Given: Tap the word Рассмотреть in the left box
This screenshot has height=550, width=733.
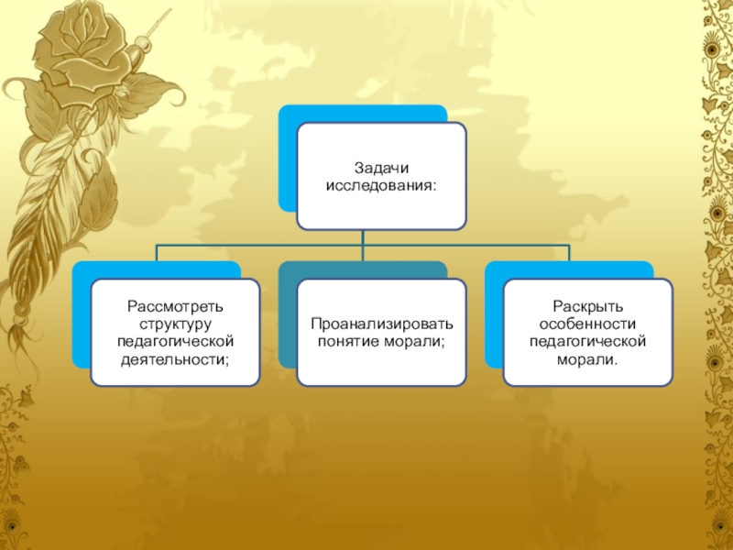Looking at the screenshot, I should click(175, 306).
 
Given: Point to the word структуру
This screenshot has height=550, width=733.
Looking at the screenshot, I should click(175, 324).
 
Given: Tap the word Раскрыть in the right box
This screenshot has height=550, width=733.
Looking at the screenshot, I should click(587, 306).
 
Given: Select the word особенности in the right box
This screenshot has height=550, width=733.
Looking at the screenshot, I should click(587, 324).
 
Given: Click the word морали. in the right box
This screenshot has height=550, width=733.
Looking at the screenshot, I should click(587, 358).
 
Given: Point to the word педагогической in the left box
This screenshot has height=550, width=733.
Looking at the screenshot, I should click(175, 341).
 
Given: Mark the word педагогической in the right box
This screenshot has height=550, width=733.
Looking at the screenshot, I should click(587, 341).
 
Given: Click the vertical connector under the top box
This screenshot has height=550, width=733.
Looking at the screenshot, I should click(363, 238).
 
